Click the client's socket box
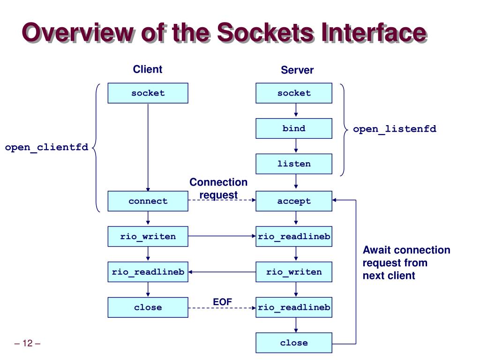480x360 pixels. click(x=148, y=93)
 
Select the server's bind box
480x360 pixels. click(x=294, y=128)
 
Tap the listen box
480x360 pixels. click(x=294, y=164)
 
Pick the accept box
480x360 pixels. click(x=294, y=201)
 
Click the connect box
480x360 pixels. click(x=148, y=201)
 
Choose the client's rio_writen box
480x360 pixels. click(x=148, y=237)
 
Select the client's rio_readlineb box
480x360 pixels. click(x=148, y=272)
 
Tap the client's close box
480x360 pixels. click(x=148, y=307)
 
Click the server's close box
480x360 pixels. click(x=294, y=343)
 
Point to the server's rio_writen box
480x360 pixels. click(x=294, y=272)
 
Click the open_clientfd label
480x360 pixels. click(x=46, y=148)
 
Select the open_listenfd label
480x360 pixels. click(x=395, y=129)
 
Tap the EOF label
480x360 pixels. click(x=223, y=302)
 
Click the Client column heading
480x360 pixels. click(x=148, y=69)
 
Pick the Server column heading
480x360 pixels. click(x=297, y=70)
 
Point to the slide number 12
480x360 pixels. click(x=27, y=343)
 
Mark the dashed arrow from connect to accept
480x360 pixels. click(x=222, y=200)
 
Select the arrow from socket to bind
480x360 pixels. click(x=296, y=110)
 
